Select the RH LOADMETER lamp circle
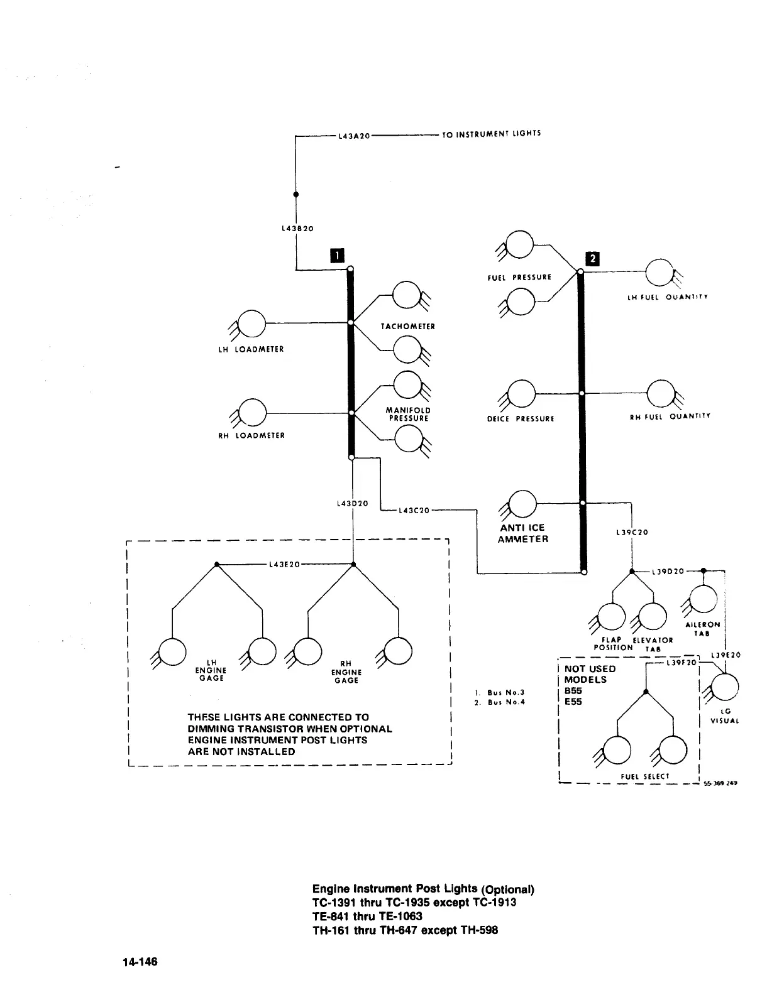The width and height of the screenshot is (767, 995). coord(252,412)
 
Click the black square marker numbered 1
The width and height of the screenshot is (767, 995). coord(338,254)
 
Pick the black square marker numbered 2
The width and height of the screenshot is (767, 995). coord(592,258)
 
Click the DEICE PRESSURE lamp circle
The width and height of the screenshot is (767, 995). coord(521,394)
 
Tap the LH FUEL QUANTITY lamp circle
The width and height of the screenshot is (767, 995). coord(660,272)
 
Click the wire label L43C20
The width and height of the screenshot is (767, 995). coord(414,510)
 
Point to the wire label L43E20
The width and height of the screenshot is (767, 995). coord(284,564)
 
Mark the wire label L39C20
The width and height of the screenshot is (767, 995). coord(632,533)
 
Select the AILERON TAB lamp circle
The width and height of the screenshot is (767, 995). coord(703,599)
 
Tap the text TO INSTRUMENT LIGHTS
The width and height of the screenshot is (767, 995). coord(491,134)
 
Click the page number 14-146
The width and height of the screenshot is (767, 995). coord(140,962)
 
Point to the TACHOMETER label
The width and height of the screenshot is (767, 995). coord(407,327)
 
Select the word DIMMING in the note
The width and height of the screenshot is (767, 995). coord(213,729)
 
